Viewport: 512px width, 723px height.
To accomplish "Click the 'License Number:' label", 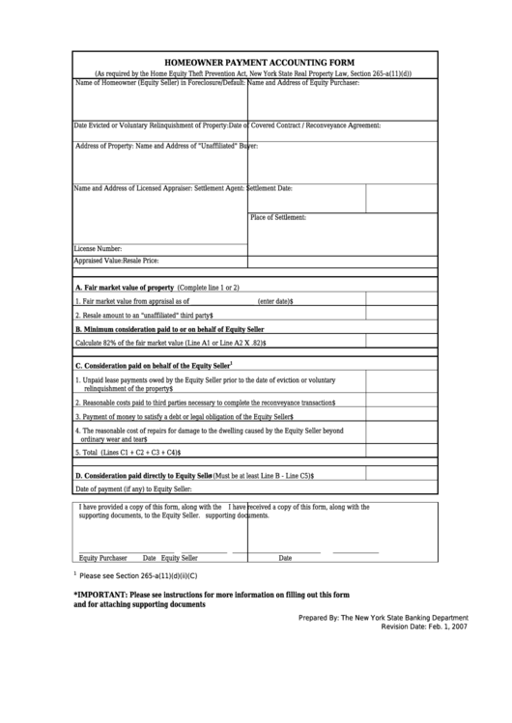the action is point(98,248).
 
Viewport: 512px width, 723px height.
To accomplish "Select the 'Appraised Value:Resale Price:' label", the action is point(116,261).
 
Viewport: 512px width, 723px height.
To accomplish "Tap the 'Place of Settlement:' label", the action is point(278,218).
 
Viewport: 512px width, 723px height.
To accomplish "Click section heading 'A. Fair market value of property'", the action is point(125,288).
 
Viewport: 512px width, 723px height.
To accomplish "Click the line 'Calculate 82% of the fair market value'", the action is point(171,343).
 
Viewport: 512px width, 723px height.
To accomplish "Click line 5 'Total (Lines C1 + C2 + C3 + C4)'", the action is point(128,452).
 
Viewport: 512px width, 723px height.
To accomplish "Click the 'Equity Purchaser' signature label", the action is point(103,558).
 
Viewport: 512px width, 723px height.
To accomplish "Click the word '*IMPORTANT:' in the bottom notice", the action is point(100,595).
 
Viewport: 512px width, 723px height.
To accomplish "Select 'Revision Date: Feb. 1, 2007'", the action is point(425,653).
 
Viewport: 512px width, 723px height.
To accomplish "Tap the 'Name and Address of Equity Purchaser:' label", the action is point(305,84).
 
